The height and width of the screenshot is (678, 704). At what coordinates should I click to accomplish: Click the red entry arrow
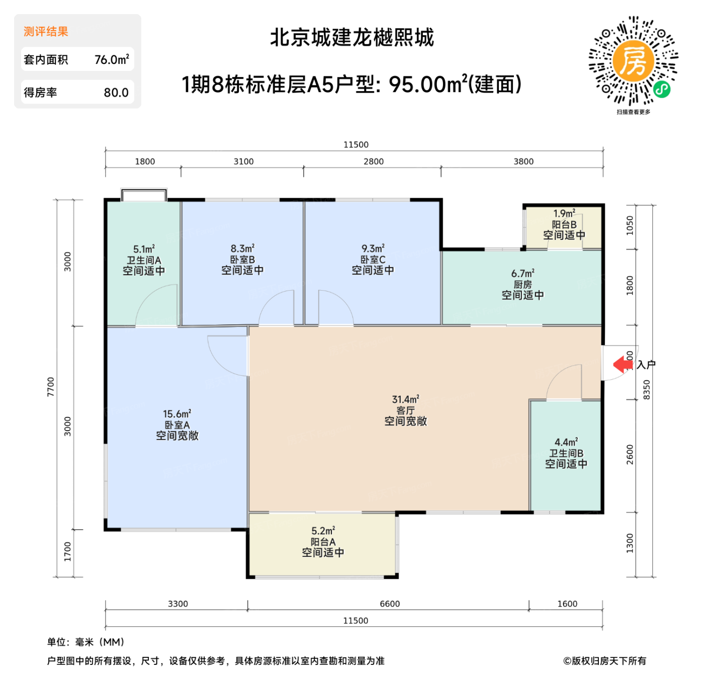tap(623, 364)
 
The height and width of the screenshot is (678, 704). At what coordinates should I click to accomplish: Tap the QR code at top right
tap(633, 61)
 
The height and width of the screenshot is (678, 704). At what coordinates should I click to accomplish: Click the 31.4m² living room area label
tap(405, 399)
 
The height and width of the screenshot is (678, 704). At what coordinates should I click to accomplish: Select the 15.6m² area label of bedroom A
tap(177, 414)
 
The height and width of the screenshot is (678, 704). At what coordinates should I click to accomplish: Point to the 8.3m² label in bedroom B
tap(242, 248)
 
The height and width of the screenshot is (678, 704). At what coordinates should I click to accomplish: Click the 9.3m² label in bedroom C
tap(373, 248)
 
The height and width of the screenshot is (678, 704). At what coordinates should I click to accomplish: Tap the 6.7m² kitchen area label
tap(522, 273)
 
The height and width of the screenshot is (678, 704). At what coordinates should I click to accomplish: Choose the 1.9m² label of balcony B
tap(564, 214)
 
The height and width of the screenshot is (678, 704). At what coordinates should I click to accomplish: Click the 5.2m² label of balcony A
tap(323, 531)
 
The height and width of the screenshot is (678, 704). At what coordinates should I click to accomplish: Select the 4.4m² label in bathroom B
tap(566, 442)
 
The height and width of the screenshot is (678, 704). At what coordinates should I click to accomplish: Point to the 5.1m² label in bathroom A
tap(144, 249)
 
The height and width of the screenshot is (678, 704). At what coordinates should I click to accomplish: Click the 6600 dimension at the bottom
tap(390, 604)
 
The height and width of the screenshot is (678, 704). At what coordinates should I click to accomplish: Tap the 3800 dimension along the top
tap(523, 161)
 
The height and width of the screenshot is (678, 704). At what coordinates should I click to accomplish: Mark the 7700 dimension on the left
tap(51, 386)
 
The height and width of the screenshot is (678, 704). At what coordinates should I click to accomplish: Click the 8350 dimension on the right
tap(647, 389)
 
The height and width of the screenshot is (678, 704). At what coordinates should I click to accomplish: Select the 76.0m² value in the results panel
tap(112, 59)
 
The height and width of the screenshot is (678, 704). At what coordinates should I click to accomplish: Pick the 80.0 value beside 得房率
tap(116, 93)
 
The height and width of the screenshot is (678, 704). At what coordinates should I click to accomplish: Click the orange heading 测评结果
tap(46, 32)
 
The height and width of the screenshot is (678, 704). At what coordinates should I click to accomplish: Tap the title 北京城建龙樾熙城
tap(351, 38)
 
